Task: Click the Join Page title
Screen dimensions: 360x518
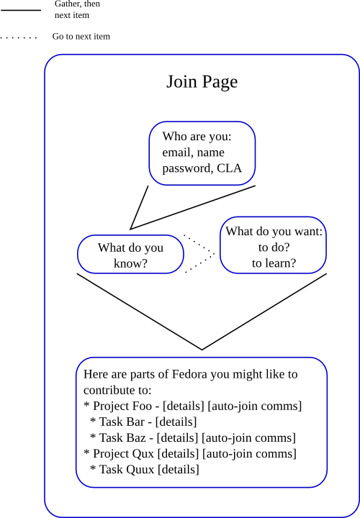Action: pyautogui.click(x=202, y=82)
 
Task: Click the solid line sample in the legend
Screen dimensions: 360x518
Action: pyautogui.click(x=21, y=10)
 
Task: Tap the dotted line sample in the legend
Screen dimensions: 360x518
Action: pyautogui.click(x=19, y=37)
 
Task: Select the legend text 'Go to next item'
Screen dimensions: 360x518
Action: pyautogui.click(x=81, y=37)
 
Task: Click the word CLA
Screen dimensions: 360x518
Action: pyautogui.click(x=230, y=168)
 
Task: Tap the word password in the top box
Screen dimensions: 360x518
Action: pyautogui.click(x=187, y=169)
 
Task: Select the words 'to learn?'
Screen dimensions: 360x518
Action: pyautogui.click(x=274, y=263)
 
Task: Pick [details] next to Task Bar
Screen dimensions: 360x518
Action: pyautogui.click(x=176, y=422)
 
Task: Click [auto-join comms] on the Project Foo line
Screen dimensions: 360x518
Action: pyautogui.click(x=255, y=406)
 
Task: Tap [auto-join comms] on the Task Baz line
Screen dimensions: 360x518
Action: pyautogui.click(x=248, y=437)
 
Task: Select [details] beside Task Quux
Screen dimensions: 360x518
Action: pyautogui.click(x=179, y=469)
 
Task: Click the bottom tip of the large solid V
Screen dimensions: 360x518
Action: pyautogui.click(x=202, y=349)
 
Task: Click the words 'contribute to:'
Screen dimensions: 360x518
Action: pyautogui.click(x=117, y=390)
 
